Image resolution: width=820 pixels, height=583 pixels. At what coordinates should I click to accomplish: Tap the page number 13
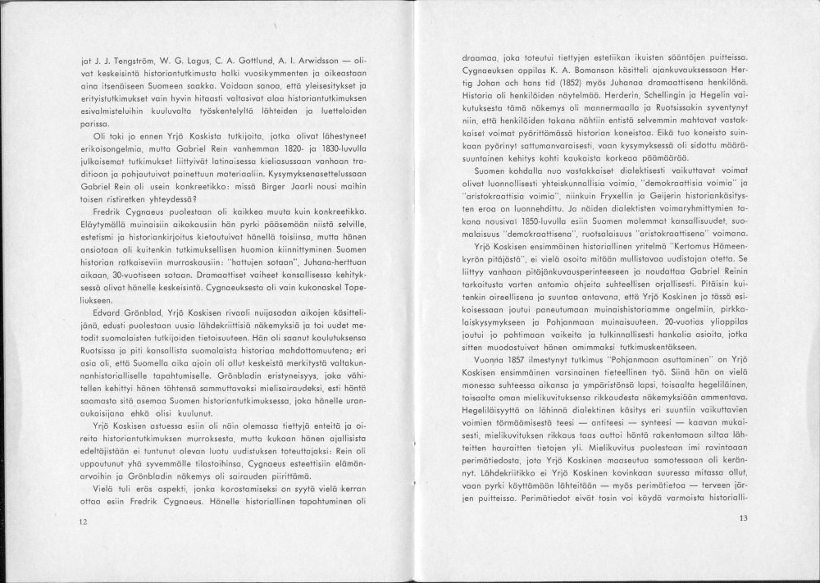pos(743,517)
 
